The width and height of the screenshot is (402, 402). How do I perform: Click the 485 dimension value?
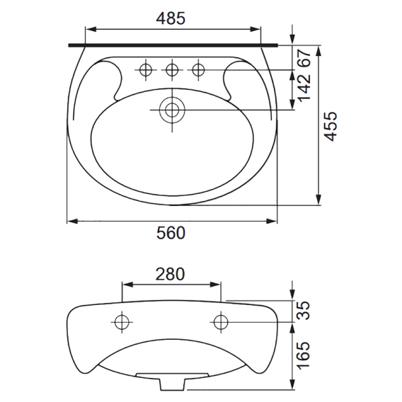[171, 18]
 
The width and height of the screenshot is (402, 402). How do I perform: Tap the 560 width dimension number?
[171, 233]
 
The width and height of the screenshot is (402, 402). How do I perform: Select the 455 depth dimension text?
[331, 126]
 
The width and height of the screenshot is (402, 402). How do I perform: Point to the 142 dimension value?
[304, 88]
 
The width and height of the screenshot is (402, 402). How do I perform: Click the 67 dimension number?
[304, 58]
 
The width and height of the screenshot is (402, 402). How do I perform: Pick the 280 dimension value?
[171, 274]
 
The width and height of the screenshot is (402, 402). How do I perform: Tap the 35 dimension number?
[304, 311]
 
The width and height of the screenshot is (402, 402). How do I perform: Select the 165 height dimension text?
[304, 355]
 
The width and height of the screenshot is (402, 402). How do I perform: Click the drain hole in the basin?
[172, 110]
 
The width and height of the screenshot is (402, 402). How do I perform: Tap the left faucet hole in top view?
[146, 70]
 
